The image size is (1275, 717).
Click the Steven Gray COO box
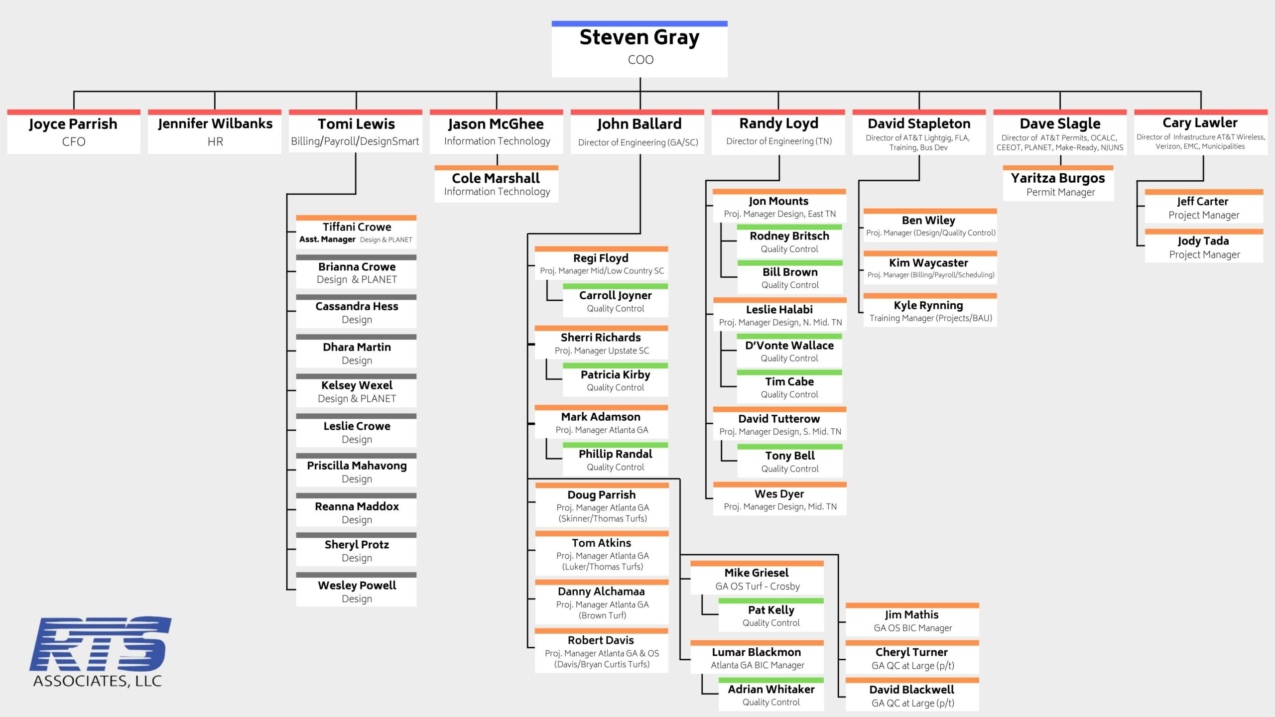click(639, 50)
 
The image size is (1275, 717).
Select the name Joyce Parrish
click(73, 124)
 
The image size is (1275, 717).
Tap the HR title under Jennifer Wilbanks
click(215, 142)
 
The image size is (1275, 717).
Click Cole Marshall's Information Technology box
click(496, 185)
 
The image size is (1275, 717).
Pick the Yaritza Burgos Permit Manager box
click(1058, 184)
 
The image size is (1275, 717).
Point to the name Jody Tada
click(1203, 241)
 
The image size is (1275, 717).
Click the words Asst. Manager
click(327, 239)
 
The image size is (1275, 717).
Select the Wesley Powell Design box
click(356, 591)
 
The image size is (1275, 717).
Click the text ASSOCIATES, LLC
click(98, 681)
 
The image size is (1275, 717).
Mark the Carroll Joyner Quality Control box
click(616, 301)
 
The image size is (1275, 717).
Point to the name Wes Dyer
click(779, 494)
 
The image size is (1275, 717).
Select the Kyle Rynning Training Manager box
click(930, 311)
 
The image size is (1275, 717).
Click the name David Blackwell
click(911, 690)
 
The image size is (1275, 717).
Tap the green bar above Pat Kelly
click(771, 601)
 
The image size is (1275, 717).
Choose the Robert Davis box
click(601, 652)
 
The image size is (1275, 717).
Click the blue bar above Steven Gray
click(639, 23)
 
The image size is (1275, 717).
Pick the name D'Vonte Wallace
click(789, 346)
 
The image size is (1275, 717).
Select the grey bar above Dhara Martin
click(356, 337)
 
